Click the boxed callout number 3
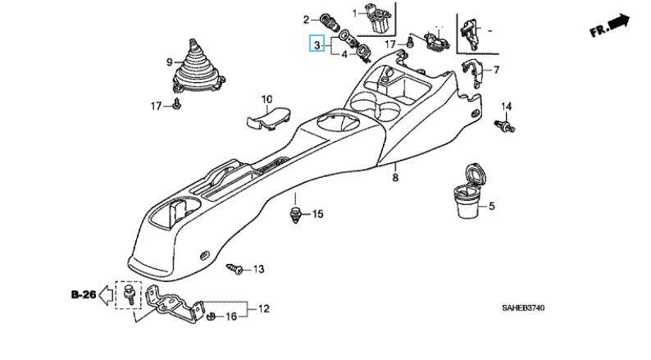pyautogui.click(x=315, y=44)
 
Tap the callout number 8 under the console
pyautogui.click(x=394, y=177)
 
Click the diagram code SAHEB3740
pyautogui.click(x=522, y=308)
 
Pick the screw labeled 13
pyautogui.click(x=236, y=268)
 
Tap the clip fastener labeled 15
pyautogui.click(x=295, y=216)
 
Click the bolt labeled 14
pyautogui.click(x=505, y=125)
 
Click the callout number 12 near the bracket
pyautogui.click(x=263, y=309)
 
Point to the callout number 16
pyautogui.click(x=232, y=317)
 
